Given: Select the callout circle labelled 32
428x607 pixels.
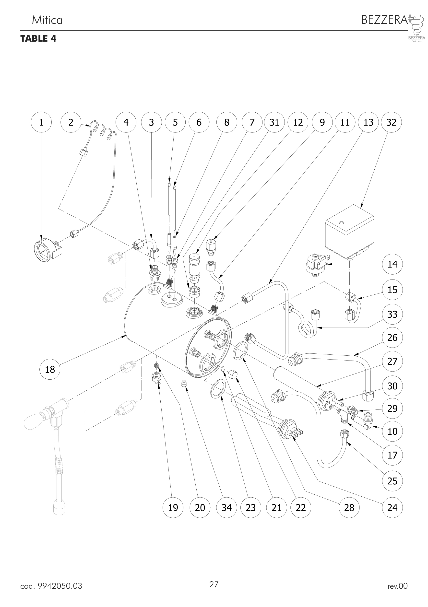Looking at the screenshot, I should [x=391, y=122].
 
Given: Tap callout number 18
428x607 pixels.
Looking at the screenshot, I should [x=50, y=369].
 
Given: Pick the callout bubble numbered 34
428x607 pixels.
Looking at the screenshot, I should [x=226, y=507].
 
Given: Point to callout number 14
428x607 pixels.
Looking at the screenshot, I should [x=392, y=264].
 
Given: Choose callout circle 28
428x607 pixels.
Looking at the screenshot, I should [x=349, y=507].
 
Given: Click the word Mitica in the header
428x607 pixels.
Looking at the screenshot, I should [x=47, y=20].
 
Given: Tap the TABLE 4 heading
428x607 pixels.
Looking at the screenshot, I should [x=38, y=39].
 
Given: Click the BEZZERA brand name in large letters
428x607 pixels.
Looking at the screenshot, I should [x=384, y=20].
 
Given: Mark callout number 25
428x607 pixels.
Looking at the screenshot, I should [x=392, y=481].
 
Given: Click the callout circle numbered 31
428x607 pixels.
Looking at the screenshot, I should [x=274, y=122].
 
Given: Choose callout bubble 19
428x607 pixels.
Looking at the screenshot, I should [x=173, y=507].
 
